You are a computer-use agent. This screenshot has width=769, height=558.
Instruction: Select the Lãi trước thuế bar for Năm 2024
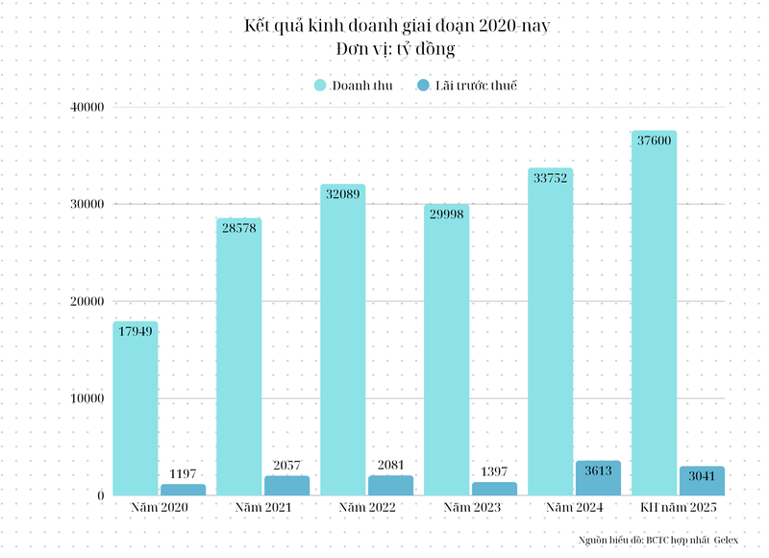pos(598,479)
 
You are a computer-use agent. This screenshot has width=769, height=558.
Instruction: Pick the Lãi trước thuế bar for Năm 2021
pos(286,486)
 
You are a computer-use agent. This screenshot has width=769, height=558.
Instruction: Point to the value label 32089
pos(342,194)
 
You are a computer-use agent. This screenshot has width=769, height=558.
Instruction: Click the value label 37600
pos(654,140)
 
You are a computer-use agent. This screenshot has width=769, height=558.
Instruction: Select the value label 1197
pos(183,473)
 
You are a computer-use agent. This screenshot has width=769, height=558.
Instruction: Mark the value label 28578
pos(238,228)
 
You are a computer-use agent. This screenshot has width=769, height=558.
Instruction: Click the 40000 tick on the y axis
pos(87,107)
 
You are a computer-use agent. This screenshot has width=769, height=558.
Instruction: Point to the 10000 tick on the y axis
pos(87,398)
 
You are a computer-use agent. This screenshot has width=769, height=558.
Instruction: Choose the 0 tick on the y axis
pos(100,495)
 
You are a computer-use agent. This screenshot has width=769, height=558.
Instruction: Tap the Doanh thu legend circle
pos(321,86)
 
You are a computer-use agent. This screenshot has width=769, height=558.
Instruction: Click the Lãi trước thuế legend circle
pos(424,86)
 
